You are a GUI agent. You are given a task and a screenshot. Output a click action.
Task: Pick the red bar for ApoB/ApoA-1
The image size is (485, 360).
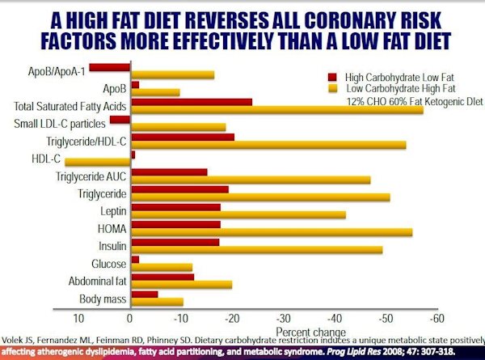coord(110,68)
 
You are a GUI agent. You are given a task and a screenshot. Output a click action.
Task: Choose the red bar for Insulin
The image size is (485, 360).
coord(175,242)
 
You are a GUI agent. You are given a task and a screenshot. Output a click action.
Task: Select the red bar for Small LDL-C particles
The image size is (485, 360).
coord(120,120)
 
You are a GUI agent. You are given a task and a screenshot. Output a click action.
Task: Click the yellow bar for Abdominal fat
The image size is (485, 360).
coord(181,285)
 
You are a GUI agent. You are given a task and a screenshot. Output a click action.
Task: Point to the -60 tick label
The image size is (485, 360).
coord(437,318)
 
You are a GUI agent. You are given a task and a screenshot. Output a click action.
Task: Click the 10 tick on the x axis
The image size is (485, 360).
coord(78,318)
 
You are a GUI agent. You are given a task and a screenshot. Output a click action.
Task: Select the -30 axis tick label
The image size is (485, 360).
coord(284,318)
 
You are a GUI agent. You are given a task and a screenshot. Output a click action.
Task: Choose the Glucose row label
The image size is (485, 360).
coord(109,265)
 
